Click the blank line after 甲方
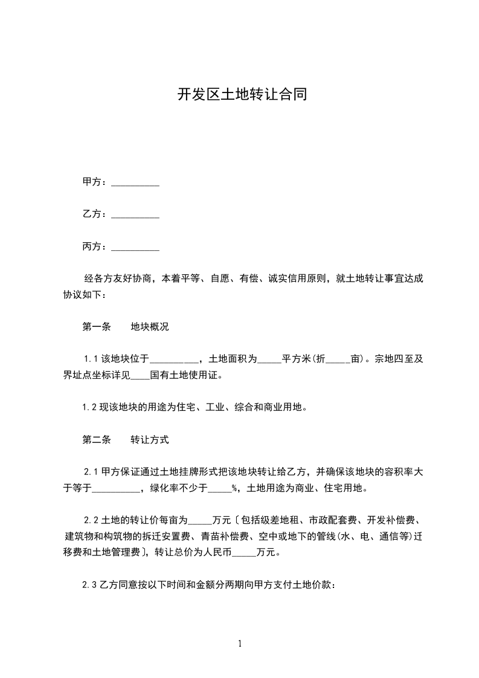tap(135, 182)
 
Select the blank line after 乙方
tap(135, 214)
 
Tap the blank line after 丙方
tap(135, 247)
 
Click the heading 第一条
tap(97, 327)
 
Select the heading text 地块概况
tap(150, 327)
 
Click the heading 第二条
tap(97, 440)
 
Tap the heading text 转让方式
tap(150, 440)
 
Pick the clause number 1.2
tap(90, 407)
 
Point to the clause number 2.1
tap(91, 472)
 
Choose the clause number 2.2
tap(91, 520)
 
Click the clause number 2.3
tap(90, 585)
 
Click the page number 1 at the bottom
tap(240, 644)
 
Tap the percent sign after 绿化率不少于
tap(234, 488)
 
